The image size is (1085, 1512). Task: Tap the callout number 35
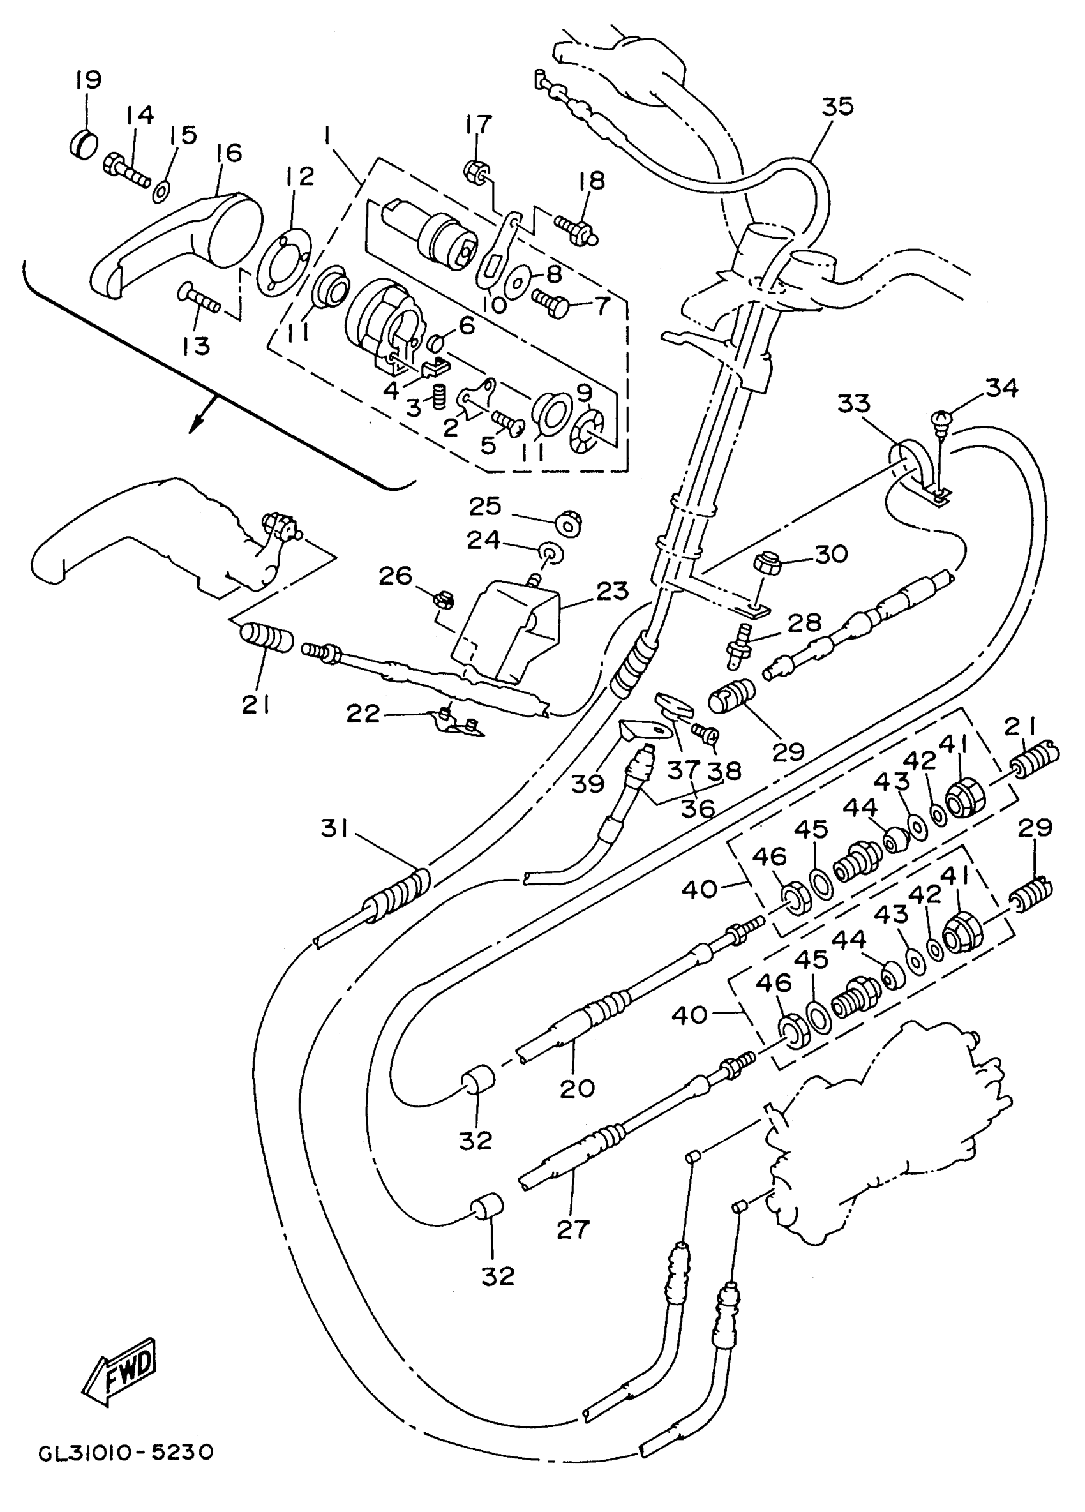(x=837, y=106)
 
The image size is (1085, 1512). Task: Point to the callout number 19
(x=87, y=80)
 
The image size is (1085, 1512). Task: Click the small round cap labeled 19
(x=84, y=144)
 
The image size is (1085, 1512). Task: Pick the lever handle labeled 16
(x=177, y=244)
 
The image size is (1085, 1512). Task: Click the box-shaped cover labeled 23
(x=509, y=631)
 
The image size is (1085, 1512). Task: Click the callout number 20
(x=577, y=1088)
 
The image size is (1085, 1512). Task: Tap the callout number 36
(x=697, y=809)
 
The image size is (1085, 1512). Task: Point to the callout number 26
(x=395, y=575)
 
